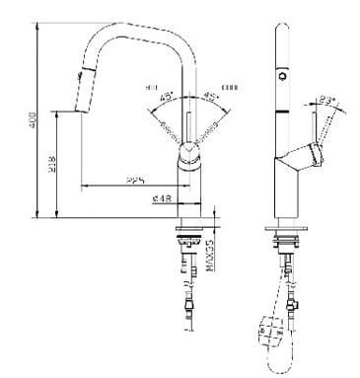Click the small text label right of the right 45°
tap(231, 86)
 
